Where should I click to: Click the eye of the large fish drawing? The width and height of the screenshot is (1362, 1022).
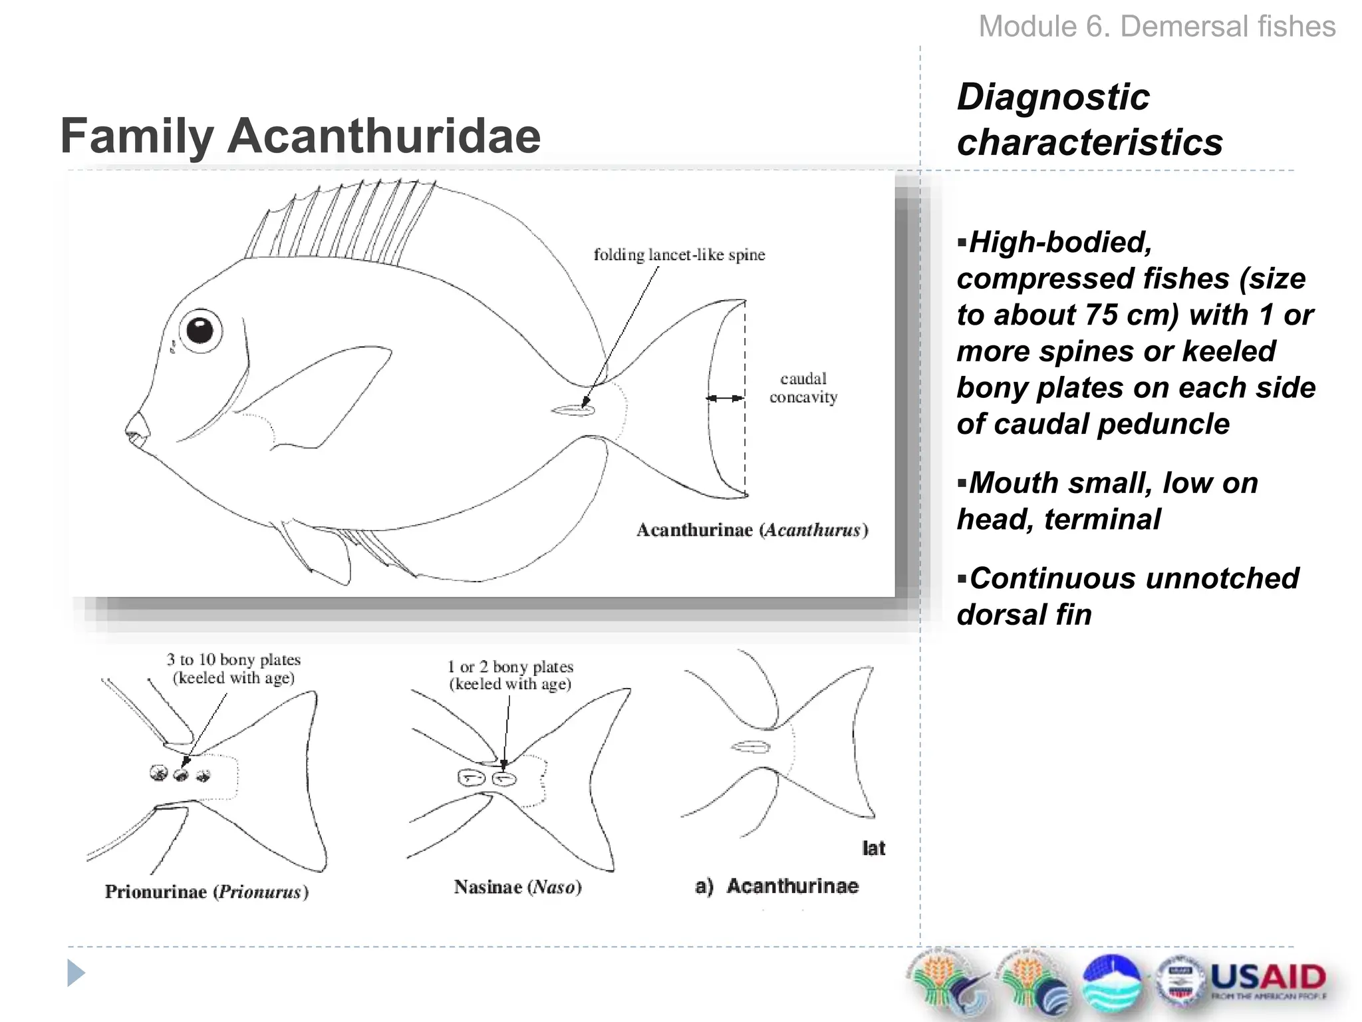(200, 330)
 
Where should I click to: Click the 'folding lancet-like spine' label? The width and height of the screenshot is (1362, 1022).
(679, 255)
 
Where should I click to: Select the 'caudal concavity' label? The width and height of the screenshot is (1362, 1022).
(803, 388)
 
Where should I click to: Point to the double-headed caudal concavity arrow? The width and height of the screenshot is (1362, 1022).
(726, 398)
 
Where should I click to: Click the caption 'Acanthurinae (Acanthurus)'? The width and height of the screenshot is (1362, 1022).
(752, 530)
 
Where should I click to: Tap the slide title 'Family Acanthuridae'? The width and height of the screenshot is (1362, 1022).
(301, 136)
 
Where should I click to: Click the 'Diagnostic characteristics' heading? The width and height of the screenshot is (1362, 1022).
(1089, 120)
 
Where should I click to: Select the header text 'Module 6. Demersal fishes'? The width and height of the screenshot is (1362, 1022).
(1157, 27)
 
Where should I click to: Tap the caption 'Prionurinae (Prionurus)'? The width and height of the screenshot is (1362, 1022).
(206, 892)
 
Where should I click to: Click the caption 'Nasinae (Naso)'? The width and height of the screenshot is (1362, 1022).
(517, 887)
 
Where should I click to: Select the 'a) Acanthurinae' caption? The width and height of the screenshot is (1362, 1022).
(777, 886)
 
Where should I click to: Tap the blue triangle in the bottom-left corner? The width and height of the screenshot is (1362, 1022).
(76, 973)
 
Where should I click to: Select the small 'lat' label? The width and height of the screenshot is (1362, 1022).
(873, 848)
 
